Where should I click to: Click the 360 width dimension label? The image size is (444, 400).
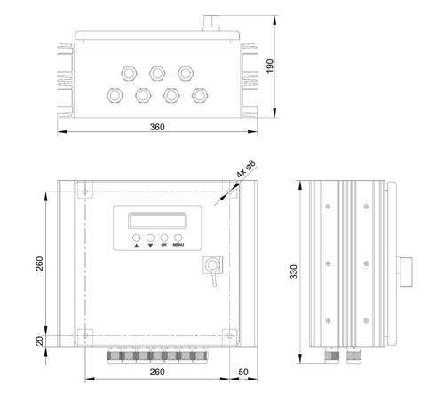tap(157, 127)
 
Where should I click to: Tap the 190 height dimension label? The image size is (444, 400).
tap(270, 66)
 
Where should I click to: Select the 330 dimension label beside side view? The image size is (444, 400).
tap(294, 271)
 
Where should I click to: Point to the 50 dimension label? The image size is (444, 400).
tap(243, 372)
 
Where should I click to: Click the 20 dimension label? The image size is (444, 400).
tap(39, 341)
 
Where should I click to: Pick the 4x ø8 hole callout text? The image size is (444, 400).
tap(246, 169)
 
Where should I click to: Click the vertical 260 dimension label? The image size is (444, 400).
tap(39, 263)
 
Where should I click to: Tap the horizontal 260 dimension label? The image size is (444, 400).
tap(157, 372)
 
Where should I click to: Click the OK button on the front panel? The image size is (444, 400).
tap(164, 238)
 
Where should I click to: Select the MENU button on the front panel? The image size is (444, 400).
tap(178, 238)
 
